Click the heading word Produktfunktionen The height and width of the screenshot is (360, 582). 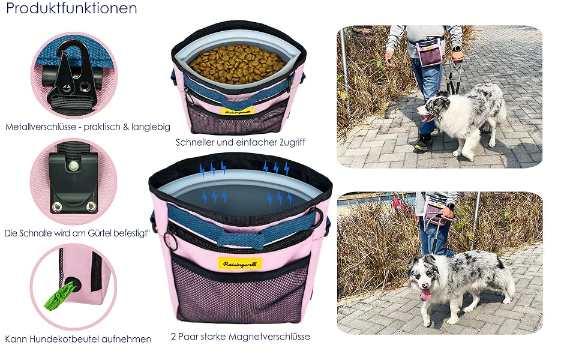(x=71, y=8)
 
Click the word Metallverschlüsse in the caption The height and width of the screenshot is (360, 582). (x=41, y=127)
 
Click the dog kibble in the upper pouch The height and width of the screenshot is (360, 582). (x=237, y=64)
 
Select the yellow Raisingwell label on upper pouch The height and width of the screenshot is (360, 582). (x=238, y=112)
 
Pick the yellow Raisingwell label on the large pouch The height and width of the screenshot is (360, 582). (x=240, y=264)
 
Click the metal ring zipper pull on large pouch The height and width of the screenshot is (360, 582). (x=172, y=242)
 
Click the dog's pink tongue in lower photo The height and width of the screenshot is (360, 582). (x=425, y=294)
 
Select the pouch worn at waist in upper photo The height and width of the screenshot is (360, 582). (x=430, y=53)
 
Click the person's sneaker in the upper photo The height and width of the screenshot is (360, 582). (x=423, y=143)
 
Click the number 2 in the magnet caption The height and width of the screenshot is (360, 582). (x=173, y=337)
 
